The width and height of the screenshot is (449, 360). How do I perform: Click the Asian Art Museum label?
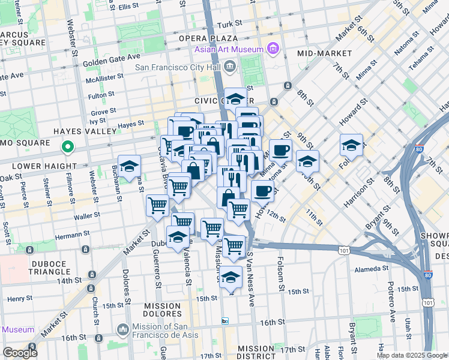pos(229,49)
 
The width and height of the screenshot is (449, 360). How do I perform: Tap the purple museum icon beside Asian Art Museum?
pos(273,48)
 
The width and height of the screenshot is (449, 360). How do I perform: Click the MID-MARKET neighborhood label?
pos(323,53)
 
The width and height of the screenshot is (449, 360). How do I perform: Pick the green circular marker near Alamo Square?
pos(68,146)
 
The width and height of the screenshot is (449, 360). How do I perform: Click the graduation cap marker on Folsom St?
pos(352,145)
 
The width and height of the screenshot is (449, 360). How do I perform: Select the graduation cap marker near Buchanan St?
pos(129,167)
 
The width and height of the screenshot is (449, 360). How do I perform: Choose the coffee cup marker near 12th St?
pos(262,191)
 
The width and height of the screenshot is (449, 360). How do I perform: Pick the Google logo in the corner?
pos(20,353)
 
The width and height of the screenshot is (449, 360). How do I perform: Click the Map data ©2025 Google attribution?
pos(411,355)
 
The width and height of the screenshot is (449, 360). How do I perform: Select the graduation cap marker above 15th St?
pos(230,277)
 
